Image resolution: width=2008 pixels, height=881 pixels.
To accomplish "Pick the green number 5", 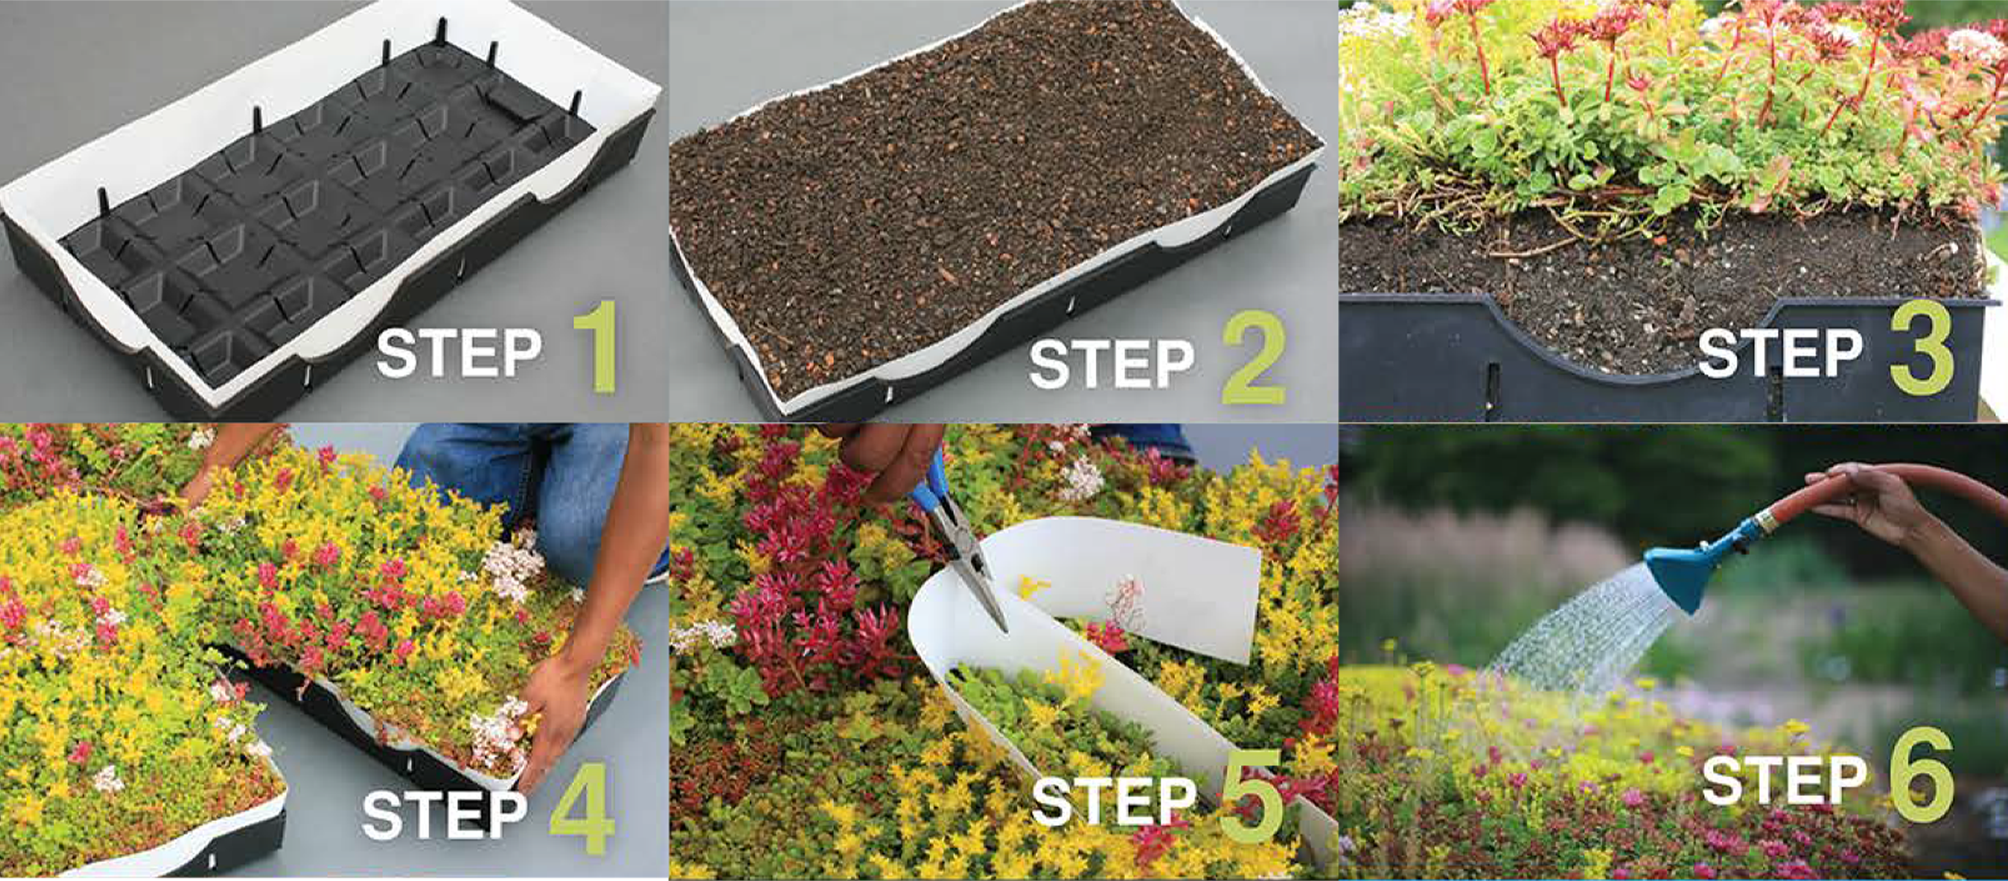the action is click(1250, 797).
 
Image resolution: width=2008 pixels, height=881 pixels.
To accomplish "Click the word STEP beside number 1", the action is click(460, 353).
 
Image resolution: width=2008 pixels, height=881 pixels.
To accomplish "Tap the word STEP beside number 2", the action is click(1111, 364).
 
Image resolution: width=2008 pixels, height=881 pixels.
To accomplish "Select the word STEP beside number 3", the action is click(1781, 353).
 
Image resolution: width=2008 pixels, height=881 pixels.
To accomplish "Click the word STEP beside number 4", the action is click(445, 814).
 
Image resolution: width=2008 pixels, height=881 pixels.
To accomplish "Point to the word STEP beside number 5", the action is click(1114, 802).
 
